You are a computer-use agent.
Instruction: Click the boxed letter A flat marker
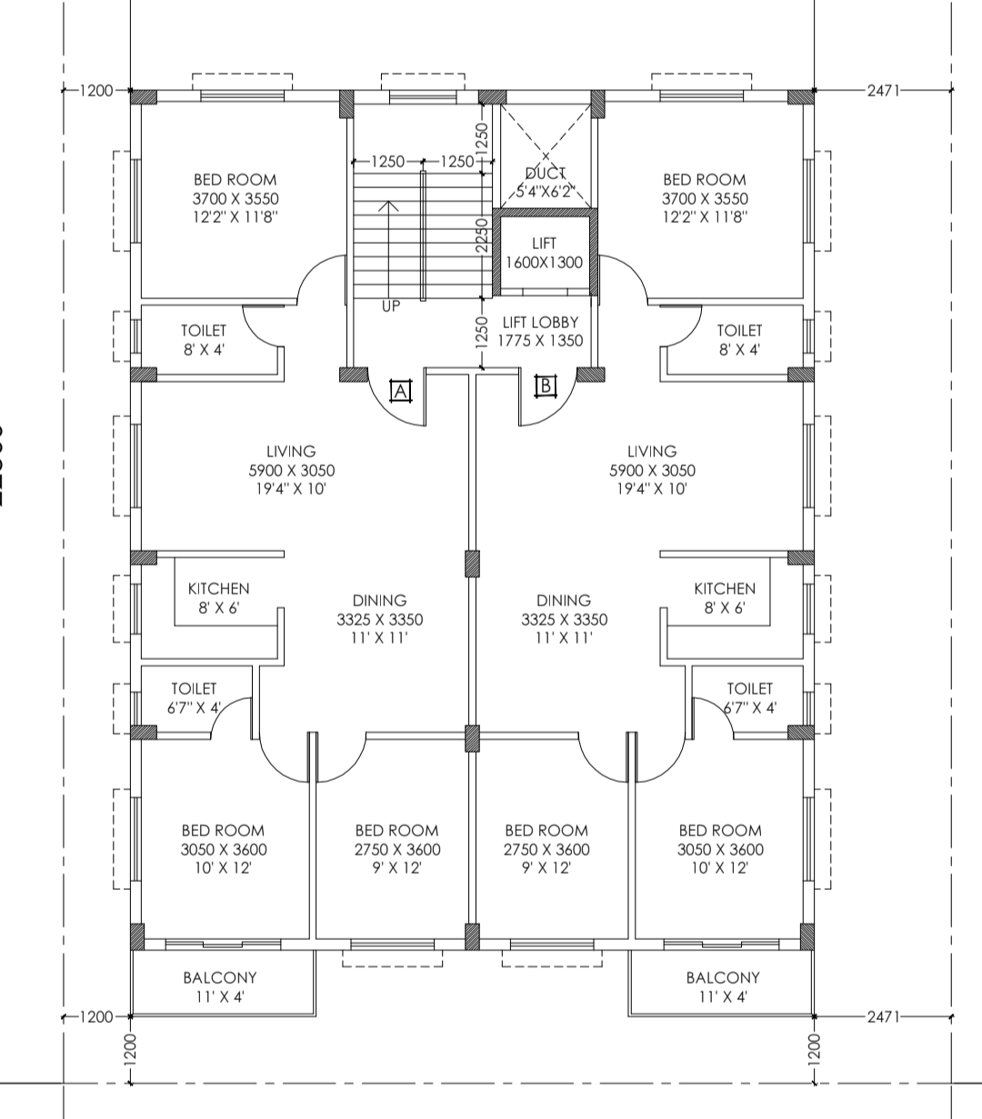pos(401,391)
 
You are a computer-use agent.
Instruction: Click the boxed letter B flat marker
pos(546,385)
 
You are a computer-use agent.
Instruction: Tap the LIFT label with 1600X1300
pos(545,253)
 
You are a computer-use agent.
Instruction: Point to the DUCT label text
pos(545,174)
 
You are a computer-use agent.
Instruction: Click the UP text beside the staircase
pos(391,306)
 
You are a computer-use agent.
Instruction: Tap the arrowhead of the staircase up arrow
pos(389,205)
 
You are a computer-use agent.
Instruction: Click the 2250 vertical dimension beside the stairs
pos(482,235)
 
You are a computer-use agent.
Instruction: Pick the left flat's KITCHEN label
pos(219,598)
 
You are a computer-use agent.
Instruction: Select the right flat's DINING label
pos(565,619)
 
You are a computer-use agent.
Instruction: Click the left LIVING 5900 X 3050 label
pos(291,470)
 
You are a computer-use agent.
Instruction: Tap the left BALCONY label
pos(220,987)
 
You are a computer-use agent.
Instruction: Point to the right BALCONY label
pos(723,987)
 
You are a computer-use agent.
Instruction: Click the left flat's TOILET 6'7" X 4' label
pos(194,697)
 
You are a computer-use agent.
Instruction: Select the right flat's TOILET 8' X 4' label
pos(739,340)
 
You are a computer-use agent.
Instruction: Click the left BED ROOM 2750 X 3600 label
pos(397,849)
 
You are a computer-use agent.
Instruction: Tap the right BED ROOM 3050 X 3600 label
pos(721,849)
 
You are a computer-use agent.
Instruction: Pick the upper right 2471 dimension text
pos(883,90)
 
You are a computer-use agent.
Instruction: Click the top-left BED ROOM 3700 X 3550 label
pos(235,198)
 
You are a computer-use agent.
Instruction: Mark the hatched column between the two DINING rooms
pos(472,564)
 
